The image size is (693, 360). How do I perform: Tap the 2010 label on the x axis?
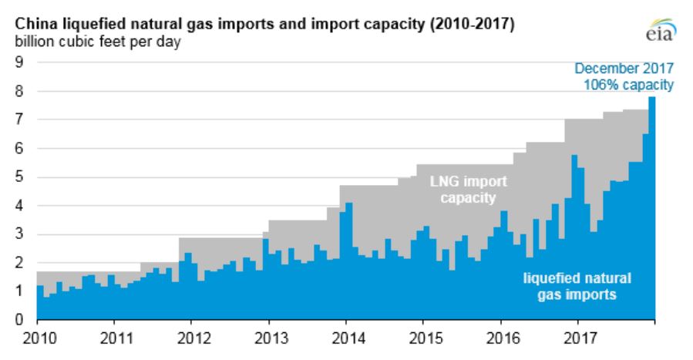[37, 337]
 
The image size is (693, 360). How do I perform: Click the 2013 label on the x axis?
[269, 337]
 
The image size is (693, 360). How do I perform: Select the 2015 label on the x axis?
[423, 337]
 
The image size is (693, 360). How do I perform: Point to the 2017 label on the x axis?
[578, 337]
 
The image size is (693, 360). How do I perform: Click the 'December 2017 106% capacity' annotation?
[630, 78]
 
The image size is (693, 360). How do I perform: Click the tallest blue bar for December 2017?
[651, 208]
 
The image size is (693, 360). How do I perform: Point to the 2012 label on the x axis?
[192, 337]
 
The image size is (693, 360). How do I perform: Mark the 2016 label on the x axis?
[501, 337]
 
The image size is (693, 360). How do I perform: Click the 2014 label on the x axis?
[346, 337]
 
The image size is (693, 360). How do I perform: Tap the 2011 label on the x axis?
[114, 337]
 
